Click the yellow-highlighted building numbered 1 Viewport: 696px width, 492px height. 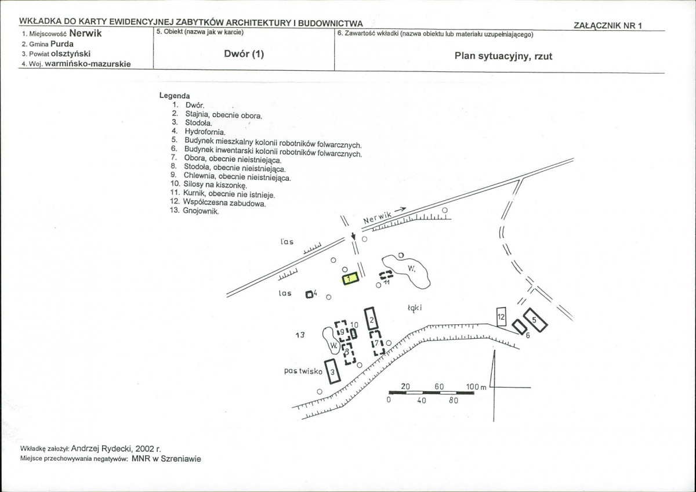pos(350,278)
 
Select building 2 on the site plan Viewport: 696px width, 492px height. pos(372,319)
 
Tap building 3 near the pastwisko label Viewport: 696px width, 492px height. pos(332,371)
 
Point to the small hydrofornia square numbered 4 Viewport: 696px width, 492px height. pos(309,294)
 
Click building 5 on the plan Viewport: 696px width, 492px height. pos(535,320)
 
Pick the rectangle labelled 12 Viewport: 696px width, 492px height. pos(501,317)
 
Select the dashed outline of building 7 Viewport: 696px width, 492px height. pos(377,343)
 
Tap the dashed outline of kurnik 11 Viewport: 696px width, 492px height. pos(386,275)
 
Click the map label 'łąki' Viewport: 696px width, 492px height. pos(415,307)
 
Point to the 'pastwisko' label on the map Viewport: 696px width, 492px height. pos(303,371)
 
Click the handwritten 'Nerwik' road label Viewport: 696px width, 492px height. pos(377,218)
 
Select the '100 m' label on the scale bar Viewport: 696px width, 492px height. pos(476,386)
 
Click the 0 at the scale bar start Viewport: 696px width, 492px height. pos(389,399)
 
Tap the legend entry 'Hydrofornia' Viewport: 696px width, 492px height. pos(205,132)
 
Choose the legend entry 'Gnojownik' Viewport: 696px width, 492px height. pos(201,211)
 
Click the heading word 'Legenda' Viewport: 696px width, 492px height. pos(175,96)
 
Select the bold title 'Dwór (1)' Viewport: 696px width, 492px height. pos(244,54)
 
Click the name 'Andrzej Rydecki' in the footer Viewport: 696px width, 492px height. pos(101,448)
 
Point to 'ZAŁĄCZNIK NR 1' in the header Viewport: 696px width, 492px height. pos(607,26)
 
